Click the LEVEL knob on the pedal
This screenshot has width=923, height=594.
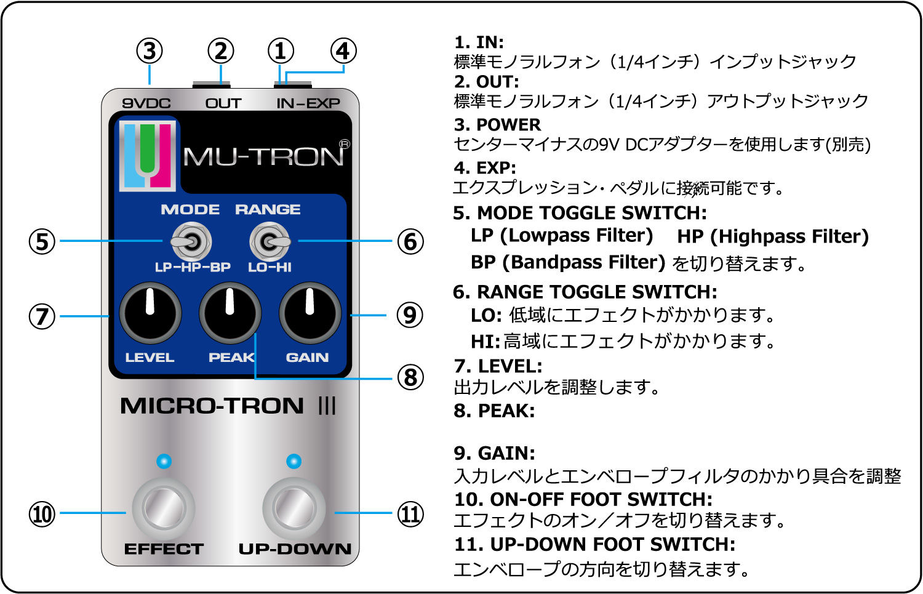tap(150, 313)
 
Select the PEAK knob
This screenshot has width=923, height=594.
tap(230, 313)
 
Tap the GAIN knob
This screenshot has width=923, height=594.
tap(310, 313)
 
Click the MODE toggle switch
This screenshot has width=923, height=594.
tap(191, 241)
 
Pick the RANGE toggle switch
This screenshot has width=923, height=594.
tap(270, 241)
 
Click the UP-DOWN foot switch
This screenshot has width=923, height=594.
tap(294, 508)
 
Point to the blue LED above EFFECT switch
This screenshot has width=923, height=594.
tap(164, 461)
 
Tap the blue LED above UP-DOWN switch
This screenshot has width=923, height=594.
tap(294, 461)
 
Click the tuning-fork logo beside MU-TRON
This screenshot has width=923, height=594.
tap(148, 156)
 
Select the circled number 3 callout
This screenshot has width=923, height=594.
tap(149, 51)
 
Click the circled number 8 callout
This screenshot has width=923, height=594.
tap(410, 377)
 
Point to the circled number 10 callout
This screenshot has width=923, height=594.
tap(42, 514)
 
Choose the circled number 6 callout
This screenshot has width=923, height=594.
tap(410, 241)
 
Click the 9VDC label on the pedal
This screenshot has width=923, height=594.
tap(146, 103)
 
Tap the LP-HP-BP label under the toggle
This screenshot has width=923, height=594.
tap(193, 267)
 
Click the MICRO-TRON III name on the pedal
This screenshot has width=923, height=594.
tap(228, 406)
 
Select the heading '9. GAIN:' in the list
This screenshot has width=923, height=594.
tap(495, 454)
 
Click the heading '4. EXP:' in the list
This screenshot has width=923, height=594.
tap(485, 168)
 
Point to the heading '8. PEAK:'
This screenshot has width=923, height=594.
tap(495, 411)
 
